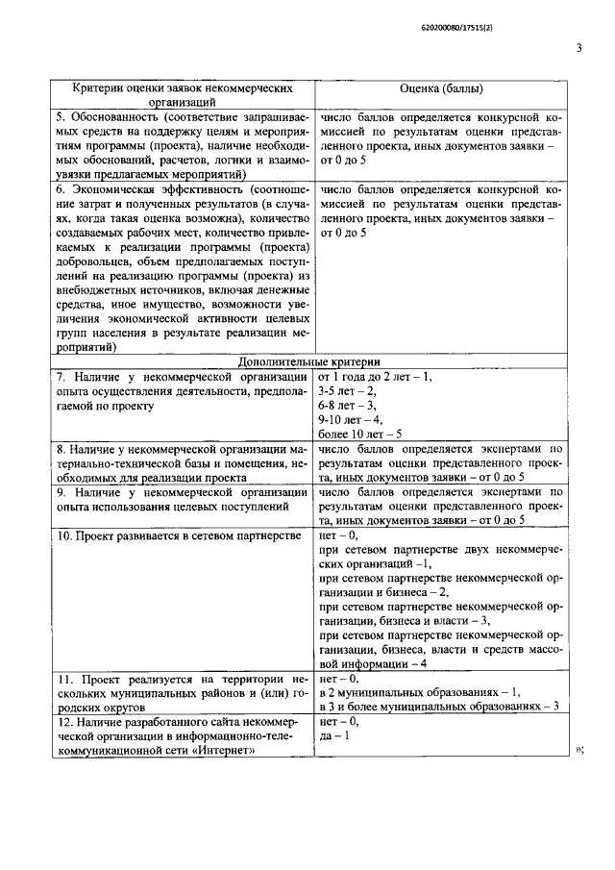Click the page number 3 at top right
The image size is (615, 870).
pos(579,47)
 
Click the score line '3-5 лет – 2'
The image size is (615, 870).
pos(348,391)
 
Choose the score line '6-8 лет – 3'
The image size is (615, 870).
pos(348,406)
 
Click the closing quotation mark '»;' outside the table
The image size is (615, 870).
pos(579,751)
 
